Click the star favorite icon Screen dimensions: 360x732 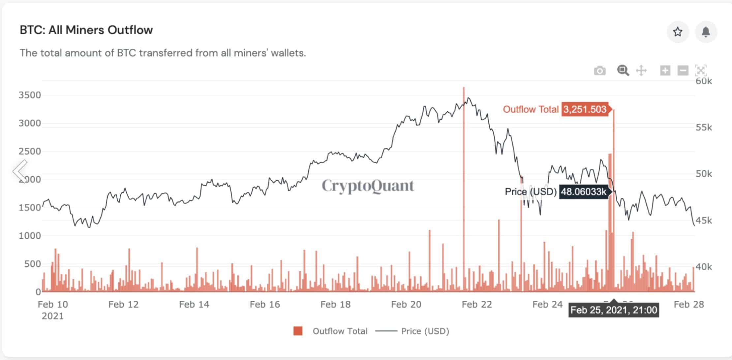pos(678,32)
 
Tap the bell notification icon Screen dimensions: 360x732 pos(706,32)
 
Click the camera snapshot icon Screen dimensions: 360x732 pos(599,71)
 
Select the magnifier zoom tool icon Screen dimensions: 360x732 pos(623,71)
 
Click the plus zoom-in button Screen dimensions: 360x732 pos(665,71)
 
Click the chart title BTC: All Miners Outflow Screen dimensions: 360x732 pos(86,30)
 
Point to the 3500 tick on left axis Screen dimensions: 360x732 pos(30,95)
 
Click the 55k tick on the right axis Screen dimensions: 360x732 pos(704,128)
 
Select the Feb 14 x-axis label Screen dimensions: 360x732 pos(194,304)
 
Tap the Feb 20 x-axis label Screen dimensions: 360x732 pos(406,304)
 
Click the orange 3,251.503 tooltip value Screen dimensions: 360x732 pos(585,109)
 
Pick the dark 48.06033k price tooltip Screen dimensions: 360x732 pos(584,192)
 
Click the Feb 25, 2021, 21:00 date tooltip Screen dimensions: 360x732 pos(614,310)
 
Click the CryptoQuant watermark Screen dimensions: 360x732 pos(368,186)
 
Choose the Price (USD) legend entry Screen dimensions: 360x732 pos(412,331)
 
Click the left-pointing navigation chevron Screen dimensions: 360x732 pos(20,171)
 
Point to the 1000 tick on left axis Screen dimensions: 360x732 pos(30,236)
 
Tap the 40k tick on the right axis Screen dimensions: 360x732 pos(704,267)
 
